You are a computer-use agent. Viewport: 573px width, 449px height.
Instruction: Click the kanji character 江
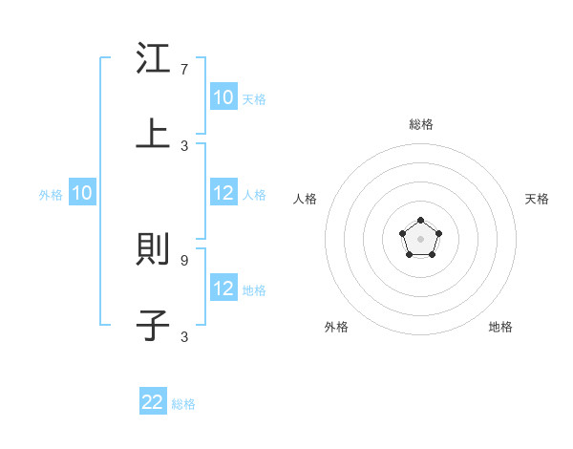coord(154,59)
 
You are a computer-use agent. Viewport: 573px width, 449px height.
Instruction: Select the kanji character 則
coord(154,250)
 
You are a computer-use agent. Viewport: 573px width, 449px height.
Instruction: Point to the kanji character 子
coord(154,325)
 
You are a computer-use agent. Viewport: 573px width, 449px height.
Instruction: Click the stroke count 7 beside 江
coord(184,70)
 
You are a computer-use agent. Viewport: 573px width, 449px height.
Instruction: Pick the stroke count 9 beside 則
coord(184,259)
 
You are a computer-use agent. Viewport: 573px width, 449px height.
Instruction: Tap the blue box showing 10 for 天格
coord(223,97)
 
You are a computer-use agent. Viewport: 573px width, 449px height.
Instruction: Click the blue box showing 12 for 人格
coord(223,193)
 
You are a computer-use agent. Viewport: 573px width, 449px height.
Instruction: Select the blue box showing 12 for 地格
coord(223,289)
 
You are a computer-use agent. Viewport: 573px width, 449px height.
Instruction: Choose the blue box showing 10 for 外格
coord(82,193)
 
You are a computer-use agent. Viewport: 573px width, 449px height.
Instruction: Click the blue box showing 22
coord(153,402)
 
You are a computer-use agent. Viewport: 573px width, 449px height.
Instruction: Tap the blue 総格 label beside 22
coord(183,404)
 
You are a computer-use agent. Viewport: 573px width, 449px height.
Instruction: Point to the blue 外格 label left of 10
coord(51,195)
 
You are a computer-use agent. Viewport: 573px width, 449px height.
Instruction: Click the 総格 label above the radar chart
coord(421,124)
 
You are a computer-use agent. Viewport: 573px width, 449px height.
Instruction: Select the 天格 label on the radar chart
coord(538,199)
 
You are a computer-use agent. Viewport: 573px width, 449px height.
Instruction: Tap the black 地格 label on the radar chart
coord(500,327)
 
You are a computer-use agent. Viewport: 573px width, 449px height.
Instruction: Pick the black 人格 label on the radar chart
coord(306,199)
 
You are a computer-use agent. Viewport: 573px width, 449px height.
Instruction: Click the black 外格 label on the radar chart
coord(336,327)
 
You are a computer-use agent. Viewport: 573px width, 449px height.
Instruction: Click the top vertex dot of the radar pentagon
coord(420,221)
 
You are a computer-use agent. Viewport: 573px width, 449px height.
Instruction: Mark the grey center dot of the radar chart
coord(420,239)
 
